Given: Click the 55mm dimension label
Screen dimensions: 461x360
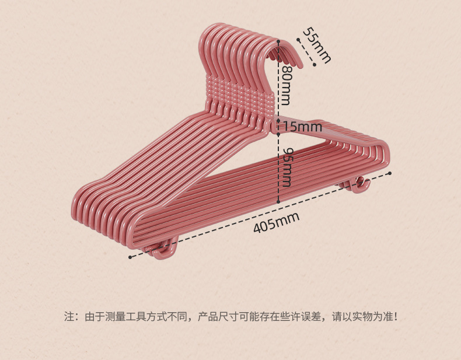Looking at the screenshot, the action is coord(316,45).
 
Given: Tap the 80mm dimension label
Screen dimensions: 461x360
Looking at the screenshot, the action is coord(286,85).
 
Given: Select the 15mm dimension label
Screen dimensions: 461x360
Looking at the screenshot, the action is coord(302,126).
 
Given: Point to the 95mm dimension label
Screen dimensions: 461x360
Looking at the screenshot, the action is coord(286,166).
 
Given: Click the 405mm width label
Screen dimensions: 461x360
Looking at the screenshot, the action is coord(276,222).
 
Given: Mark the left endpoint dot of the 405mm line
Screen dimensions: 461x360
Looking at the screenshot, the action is coord(130,256).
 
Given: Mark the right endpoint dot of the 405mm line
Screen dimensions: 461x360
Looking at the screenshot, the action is coord(390,173).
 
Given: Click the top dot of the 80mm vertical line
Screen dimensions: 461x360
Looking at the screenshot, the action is coord(278,42).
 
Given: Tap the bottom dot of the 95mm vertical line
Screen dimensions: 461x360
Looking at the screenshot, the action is coord(278,202).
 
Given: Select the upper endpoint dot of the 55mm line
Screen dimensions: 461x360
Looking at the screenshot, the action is coord(298,40).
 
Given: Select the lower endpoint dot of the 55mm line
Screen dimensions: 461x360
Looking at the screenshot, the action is coord(314,65).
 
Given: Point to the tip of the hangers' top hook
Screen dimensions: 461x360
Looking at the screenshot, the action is coord(298,62).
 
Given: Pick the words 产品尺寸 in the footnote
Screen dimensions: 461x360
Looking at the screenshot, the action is coord(215,317).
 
